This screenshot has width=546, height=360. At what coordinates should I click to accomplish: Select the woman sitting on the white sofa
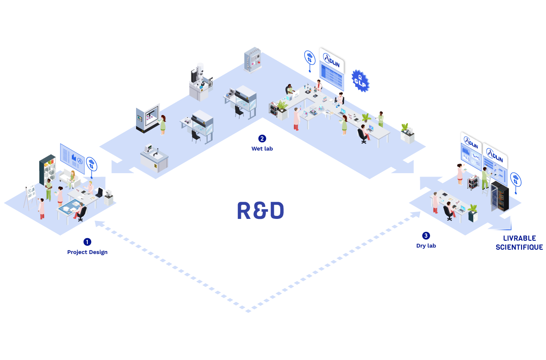[x=71, y=179]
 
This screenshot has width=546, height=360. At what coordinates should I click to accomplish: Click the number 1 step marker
[x=87, y=242]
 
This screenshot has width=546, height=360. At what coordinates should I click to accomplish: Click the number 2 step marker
[x=262, y=139]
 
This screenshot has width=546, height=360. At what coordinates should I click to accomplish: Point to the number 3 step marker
[x=426, y=236]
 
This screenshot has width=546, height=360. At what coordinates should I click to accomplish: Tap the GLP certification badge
[x=359, y=81]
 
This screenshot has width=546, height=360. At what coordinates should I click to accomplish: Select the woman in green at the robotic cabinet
[x=163, y=124]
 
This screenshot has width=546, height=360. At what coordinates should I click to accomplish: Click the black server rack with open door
[x=500, y=196]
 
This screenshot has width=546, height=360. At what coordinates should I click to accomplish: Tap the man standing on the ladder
[x=485, y=178]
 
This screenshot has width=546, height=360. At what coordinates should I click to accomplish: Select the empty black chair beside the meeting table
[x=99, y=193]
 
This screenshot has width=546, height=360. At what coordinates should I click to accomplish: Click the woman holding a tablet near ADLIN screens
[x=460, y=173]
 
